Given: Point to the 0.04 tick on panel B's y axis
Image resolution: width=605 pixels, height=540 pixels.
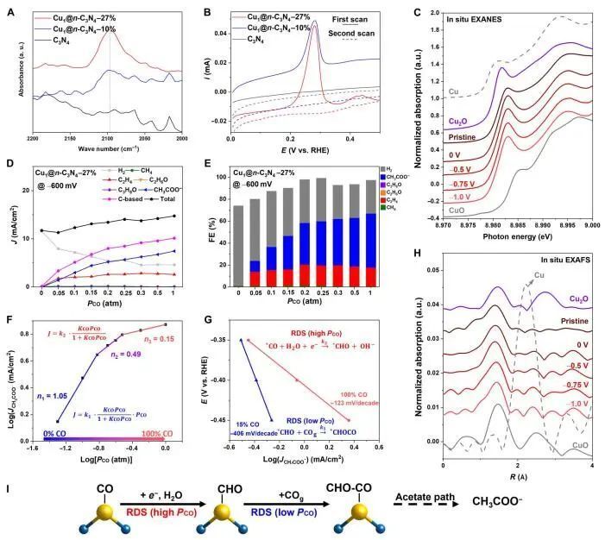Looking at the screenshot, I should click(219, 32).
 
